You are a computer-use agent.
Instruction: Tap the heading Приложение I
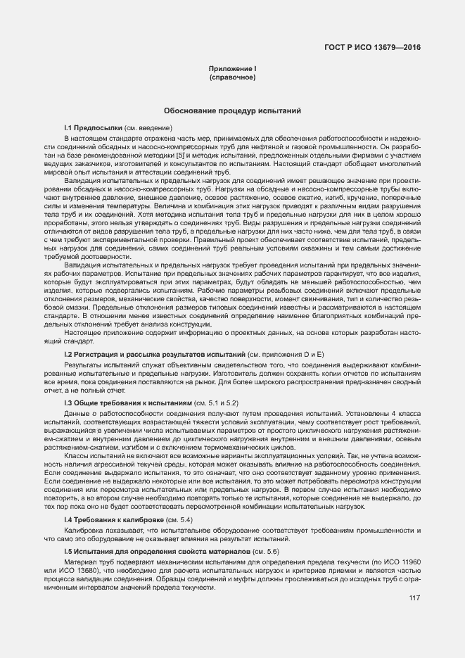[x=231, y=68]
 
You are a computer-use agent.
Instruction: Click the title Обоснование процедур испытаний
[x=232, y=111]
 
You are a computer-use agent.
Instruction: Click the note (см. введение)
[x=148, y=127]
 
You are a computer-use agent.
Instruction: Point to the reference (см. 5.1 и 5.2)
[x=216, y=402]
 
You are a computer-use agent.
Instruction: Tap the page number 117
[x=414, y=599]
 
